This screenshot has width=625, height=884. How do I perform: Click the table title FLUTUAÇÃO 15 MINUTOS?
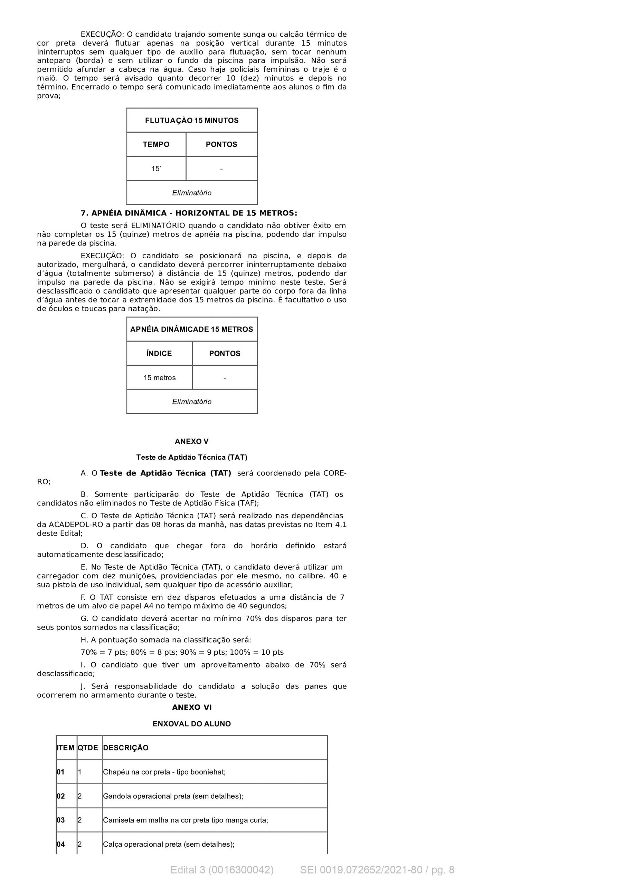pos(191,121)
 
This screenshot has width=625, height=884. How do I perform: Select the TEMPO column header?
pos(156,144)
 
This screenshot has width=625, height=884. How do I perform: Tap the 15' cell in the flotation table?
pos(156,169)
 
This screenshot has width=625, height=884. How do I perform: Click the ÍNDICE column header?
pos(159,354)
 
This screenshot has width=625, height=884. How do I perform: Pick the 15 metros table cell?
pos(160,378)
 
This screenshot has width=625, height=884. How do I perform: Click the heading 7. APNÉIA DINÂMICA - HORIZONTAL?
pos(189,213)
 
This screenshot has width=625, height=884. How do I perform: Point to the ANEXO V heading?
pos(191,441)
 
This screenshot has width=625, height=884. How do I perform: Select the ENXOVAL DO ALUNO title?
pos(191,724)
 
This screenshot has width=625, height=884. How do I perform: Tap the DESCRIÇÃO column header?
pos(126,748)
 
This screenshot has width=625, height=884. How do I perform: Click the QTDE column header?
pos(88,748)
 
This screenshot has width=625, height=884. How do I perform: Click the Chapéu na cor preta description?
pos(164,772)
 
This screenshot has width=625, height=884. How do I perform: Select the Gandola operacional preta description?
pos(173,796)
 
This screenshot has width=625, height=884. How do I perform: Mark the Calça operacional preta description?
pos(168,844)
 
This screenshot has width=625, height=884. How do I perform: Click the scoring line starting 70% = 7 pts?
pos(182,652)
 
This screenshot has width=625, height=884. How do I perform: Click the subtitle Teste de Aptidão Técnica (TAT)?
pos(191,458)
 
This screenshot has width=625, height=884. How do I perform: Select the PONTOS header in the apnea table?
pos(225,354)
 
